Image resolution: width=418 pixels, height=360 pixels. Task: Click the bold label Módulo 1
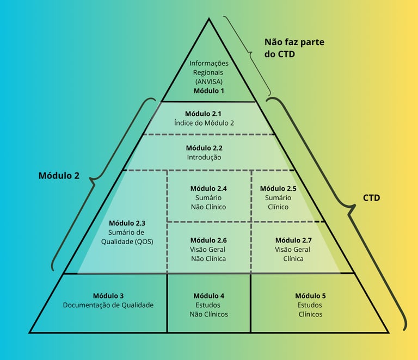point(209,91)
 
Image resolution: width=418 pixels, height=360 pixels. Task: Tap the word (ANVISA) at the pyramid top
point(209,82)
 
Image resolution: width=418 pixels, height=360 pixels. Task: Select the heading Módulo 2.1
point(203,114)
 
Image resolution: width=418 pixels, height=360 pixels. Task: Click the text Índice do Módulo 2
point(204,123)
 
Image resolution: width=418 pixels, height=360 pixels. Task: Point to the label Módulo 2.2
point(204,148)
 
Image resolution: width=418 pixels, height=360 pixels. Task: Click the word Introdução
point(204,157)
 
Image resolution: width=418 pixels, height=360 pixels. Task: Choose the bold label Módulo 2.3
point(127,223)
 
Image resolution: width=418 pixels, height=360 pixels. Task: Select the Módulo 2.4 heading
point(208,188)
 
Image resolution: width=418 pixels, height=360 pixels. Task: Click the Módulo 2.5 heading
point(278,188)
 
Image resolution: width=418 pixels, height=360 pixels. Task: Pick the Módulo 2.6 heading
point(208,240)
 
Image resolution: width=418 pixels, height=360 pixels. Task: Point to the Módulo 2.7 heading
point(293,240)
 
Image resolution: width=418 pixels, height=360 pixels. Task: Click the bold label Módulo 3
point(108,296)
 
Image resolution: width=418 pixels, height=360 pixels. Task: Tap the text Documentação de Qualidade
point(108,305)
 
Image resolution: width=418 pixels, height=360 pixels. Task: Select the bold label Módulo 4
point(208,296)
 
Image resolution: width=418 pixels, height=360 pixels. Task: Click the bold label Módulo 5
point(310,296)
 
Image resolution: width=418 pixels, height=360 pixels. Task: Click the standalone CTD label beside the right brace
point(371,197)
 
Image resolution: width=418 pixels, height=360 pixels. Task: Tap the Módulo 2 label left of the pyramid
point(59,176)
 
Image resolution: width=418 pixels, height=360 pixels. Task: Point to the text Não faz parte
point(298,42)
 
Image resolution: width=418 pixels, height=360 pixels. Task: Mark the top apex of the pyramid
point(208,19)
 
